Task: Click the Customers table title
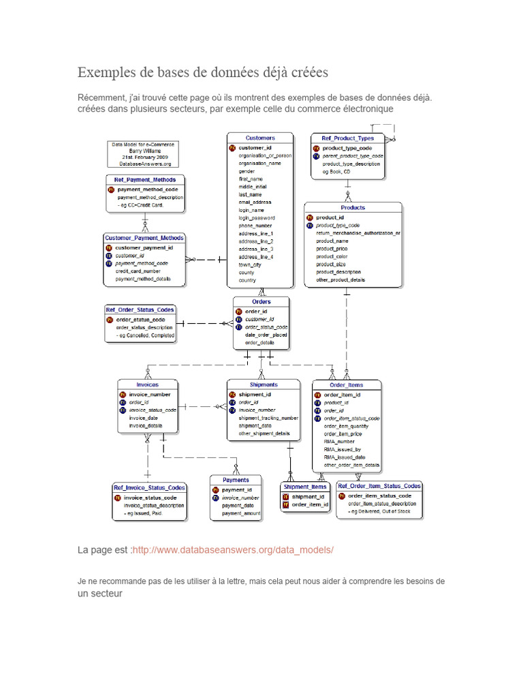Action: (260, 138)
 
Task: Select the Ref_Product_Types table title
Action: (347, 138)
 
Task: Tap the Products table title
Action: (353, 207)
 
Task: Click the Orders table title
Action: (261, 301)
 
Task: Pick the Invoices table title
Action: (147, 384)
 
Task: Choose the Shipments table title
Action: (264, 384)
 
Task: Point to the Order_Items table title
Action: (347, 385)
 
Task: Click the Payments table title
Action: (236, 479)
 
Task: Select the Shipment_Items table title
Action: (305, 487)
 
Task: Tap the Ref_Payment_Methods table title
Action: (145, 180)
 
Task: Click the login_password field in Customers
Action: (256, 217)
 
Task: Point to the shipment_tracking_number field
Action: (268, 418)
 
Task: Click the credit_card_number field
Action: (138, 271)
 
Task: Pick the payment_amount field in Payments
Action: (241, 513)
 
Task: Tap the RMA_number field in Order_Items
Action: (339, 441)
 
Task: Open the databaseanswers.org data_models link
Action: (234, 549)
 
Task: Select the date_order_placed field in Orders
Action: (266, 335)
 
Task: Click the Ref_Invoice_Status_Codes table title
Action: (150, 487)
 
